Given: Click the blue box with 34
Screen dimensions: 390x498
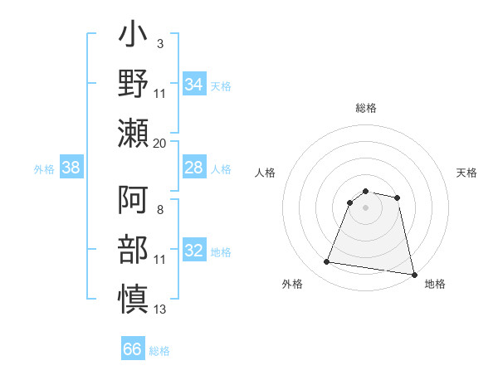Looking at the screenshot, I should click(193, 85).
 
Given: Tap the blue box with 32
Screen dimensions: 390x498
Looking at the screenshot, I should click(193, 251).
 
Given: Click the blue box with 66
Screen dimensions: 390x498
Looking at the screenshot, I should click(133, 349).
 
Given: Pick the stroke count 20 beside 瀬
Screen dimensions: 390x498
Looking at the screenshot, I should click(160, 144).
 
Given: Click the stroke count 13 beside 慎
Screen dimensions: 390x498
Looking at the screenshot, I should click(160, 310).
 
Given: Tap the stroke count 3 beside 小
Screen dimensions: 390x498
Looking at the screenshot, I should click(159, 43).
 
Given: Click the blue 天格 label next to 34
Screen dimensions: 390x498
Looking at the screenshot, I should click(221, 85).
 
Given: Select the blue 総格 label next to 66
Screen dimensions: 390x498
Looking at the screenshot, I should click(159, 350).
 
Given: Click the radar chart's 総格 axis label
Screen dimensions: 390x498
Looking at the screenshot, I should click(366, 108).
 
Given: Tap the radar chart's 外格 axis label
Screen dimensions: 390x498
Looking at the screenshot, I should click(292, 284).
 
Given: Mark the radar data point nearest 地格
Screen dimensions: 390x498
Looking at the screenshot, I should click(413, 274).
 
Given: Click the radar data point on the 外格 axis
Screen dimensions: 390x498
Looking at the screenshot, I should click(327, 262).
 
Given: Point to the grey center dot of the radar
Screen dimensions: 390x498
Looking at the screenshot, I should click(366, 207).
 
